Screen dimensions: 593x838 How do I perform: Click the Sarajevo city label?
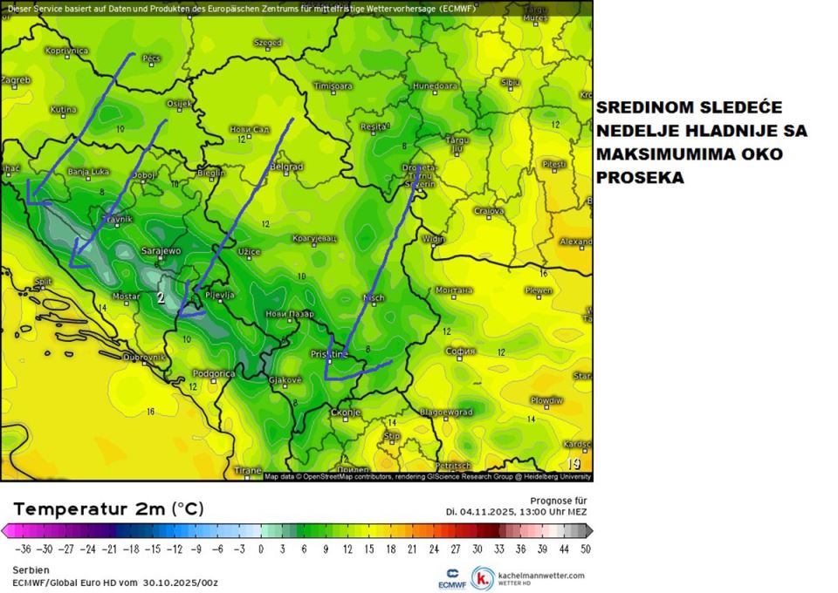pyautogui.click(x=162, y=251)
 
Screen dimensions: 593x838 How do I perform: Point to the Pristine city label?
pyautogui.click(x=329, y=355)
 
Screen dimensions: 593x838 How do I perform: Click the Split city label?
pyautogui.click(x=43, y=281)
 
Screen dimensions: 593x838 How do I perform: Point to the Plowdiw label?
pyautogui.click(x=546, y=399)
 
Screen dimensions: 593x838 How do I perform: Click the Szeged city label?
pyautogui.click(x=267, y=42)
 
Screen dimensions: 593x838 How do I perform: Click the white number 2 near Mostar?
pyautogui.click(x=161, y=297)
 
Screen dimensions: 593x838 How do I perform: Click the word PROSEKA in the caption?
pyautogui.click(x=641, y=177)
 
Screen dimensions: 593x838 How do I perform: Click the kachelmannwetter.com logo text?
pyautogui.click(x=539, y=576)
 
